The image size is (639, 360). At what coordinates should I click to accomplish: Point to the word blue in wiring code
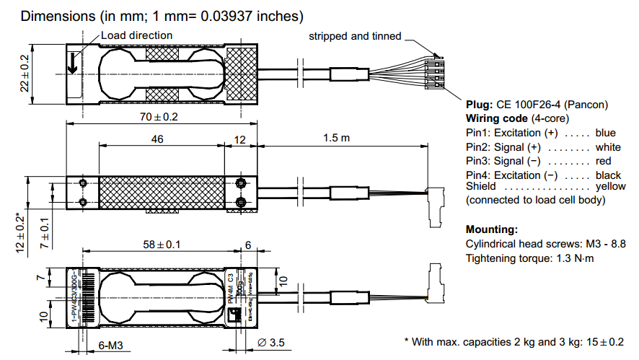(x=606, y=133)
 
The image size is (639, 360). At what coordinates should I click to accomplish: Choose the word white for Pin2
(x=608, y=147)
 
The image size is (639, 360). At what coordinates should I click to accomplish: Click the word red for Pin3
(x=604, y=161)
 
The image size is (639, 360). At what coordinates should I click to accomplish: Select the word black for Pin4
(x=609, y=175)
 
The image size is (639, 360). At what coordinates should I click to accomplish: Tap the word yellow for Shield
(x=610, y=186)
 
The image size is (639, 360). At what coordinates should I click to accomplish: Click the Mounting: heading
(x=492, y=229)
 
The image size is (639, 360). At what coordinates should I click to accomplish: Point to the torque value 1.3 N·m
(x=570, y=258)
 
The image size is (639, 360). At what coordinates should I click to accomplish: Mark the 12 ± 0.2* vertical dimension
(x=21, y=232)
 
